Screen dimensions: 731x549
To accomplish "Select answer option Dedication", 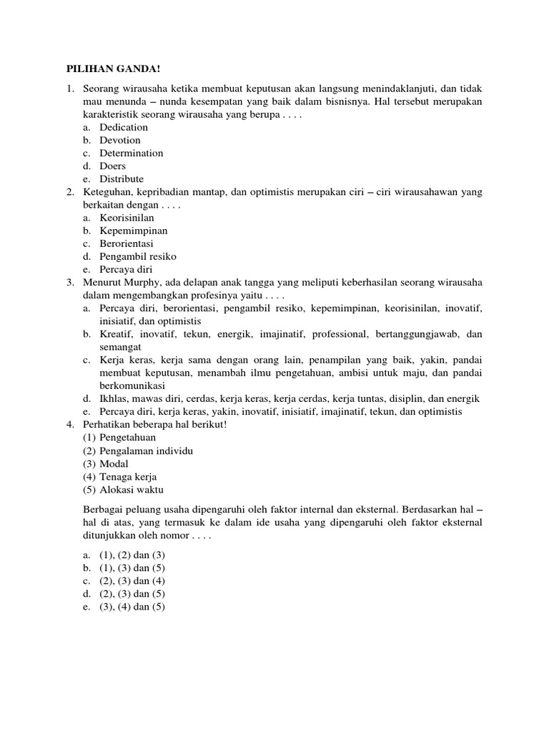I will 124,127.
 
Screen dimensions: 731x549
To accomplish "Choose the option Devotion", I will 120,140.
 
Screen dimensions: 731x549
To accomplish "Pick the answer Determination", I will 131,153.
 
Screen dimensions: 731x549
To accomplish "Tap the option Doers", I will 112,166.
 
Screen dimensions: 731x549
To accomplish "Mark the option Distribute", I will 122,178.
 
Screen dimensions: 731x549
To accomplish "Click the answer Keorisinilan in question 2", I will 127,218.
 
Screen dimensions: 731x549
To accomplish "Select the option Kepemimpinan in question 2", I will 134,231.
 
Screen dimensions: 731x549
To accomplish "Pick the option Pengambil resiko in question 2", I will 138,256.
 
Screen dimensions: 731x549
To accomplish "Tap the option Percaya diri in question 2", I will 126,269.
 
